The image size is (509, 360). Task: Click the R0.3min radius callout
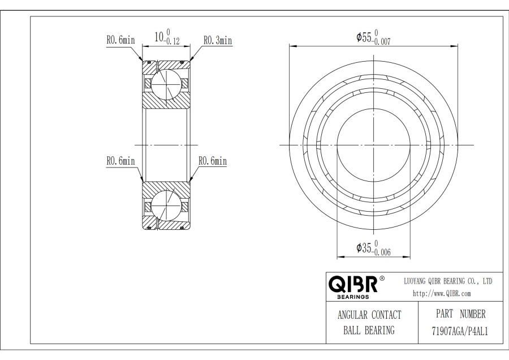pyautogui.click(x=218, y=40)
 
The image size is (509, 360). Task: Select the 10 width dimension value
pyautogui.click(x=159, y=37)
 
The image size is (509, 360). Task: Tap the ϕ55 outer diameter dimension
pyautogui.click(x=364, y=37)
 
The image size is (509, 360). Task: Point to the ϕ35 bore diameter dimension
pyautogui.click(x=364, y=248)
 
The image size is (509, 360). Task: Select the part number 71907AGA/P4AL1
pyautogui.click(x=460, y=331)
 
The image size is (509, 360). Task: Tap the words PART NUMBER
pyautogui.click(x=460, y=314)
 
